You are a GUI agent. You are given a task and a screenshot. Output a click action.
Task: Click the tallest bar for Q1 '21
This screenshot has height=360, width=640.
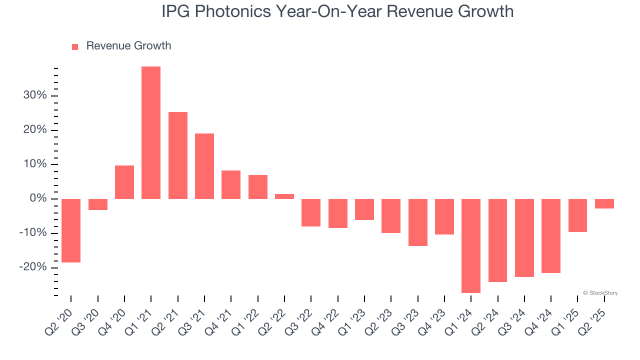pyautogui.click(x=151, y=132)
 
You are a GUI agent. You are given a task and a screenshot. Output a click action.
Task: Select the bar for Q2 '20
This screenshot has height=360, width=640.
pyautogui.click(x=71, y=230)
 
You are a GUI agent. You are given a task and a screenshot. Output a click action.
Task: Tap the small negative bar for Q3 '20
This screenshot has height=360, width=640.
pyautogui.click(x=98, y=204)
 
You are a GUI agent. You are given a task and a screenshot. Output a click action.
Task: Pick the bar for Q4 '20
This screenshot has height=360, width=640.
pyautogui.click(x=124, y=182)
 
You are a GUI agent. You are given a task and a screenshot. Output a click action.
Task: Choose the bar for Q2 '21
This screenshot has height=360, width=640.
pyautogui.click(x=178, y=155)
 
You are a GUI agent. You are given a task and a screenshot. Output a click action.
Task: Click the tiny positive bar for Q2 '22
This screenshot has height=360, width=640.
pyautogui.click(x=284, y=196)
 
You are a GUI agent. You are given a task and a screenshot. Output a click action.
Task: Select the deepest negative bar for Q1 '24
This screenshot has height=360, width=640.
pyautogui.click(x=471, y=245)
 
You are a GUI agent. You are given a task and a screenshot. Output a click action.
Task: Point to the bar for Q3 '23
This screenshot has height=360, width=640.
pyautogui.click(x=418, y=222)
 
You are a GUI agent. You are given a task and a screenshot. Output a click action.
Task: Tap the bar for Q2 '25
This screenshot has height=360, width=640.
pyautogui.click(x=604, y=203)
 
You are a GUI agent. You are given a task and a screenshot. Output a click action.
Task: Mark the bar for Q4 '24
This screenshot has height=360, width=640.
pyautogui.click(x=551, y=236)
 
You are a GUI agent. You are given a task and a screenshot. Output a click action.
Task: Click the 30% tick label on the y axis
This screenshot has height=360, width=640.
pyautogui.click(x=34, y=95)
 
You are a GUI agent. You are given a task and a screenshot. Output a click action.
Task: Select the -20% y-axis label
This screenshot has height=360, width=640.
pyautogui.click(x=32, y=267)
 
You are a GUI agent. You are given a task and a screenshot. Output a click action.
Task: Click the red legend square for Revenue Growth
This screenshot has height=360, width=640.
pyautogui.click(x=75, y=47)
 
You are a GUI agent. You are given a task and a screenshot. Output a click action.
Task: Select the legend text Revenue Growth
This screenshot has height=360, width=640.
pyautogui.click(x=128, y=46)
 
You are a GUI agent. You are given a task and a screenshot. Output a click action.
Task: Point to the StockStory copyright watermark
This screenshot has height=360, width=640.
pyautogui.click(x=600, y=293)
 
